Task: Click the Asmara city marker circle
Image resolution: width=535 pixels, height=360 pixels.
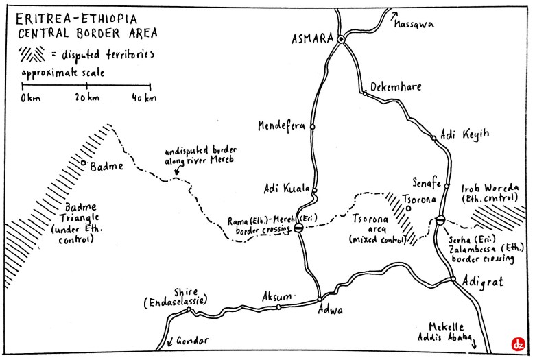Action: point(340,39)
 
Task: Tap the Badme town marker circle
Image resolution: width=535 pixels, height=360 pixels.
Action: point(84,163)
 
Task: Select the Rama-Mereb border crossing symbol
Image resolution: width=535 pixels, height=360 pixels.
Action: point(298,228)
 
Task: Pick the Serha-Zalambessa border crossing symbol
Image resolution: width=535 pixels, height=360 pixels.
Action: point(440,221)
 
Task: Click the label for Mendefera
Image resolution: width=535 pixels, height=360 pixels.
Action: point(281,126)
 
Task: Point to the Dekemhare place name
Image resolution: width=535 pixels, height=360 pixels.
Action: point(396,86)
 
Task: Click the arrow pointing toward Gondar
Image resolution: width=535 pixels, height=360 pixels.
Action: point(169,341)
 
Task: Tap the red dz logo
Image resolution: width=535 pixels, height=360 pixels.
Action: point(518,345)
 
